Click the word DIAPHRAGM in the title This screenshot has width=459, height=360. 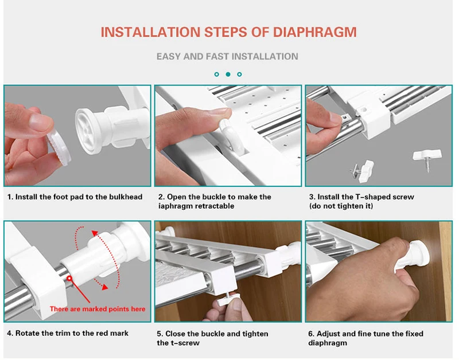click(314, 32)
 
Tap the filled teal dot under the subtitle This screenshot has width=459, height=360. click(228, 75)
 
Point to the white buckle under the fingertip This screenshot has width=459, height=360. click(232, 135)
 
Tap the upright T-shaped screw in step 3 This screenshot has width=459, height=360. click(427, 159)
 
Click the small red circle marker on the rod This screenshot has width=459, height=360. click(69, 278)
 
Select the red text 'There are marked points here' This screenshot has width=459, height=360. click(98, 309)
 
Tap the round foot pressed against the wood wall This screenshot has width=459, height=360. click(421, 253)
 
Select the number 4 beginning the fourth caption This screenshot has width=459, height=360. click(9, 333)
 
